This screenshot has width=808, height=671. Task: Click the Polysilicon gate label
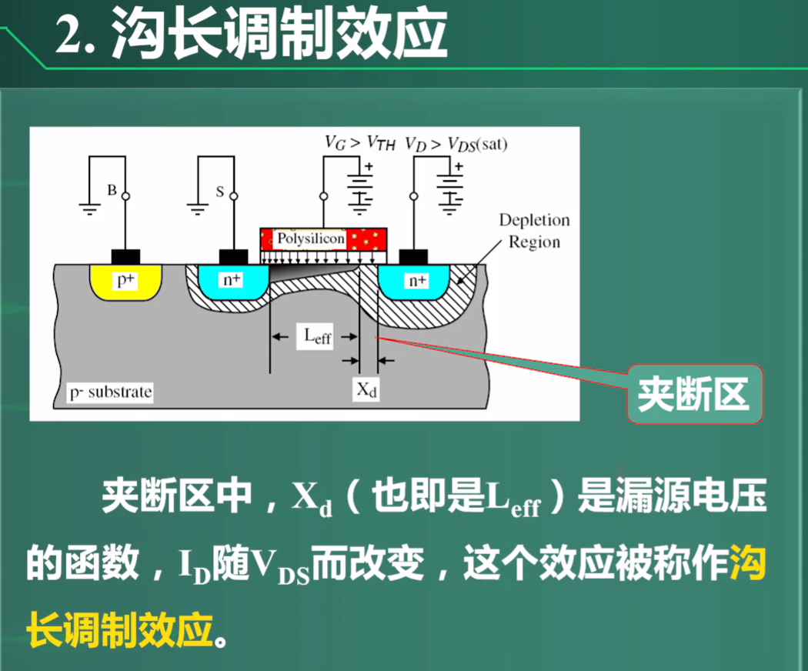coord(311,239)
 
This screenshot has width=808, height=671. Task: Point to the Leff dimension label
coord(316,336)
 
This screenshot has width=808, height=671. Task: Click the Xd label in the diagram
coord(367,390)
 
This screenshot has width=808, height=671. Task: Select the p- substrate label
coord(110,392)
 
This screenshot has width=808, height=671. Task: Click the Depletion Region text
coord(534,231)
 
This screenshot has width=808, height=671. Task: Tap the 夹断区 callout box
coord(693,395)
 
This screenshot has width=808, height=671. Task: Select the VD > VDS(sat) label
coord(459,143)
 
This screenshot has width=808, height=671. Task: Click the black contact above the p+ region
coord(125,255)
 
